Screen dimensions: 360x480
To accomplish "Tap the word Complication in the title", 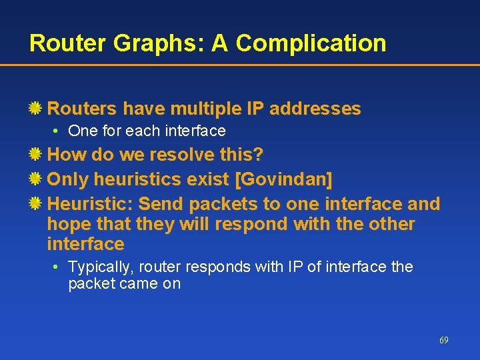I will click(x=311, y=43).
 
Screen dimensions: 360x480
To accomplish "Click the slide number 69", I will click(x=443, y=340).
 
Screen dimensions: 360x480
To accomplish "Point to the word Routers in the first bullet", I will click(x=81, y=109).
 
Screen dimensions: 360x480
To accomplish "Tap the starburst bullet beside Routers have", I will click(x=37, y=109).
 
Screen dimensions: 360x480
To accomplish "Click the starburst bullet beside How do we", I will click(x=37, y=155).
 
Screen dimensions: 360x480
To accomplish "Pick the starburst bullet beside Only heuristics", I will click(x=37, y=179).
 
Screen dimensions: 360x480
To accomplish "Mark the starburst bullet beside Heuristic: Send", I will click(x=37, y=203).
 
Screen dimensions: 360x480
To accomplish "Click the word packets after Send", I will click(x=217, y=203).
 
